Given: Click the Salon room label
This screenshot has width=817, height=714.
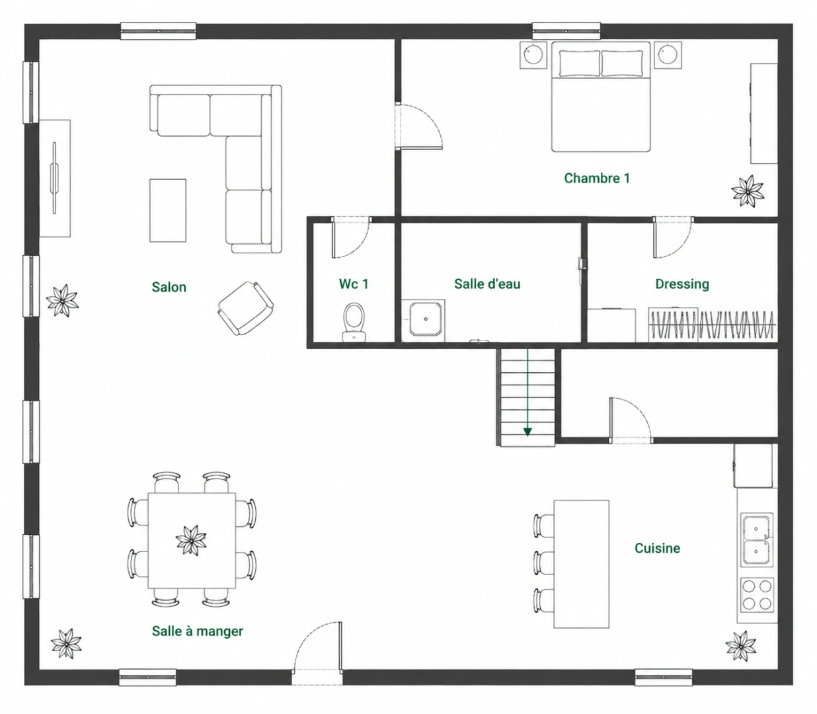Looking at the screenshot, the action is point(169,287).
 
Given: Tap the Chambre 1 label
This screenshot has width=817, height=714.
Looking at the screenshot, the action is point(597,178).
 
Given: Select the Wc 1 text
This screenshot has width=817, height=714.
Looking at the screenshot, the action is point(354,284).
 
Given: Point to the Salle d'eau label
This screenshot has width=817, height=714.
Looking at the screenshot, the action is point(487,284).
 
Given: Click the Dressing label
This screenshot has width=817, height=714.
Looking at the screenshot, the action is point(682,284).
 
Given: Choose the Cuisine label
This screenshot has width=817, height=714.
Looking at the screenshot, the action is point(657,548).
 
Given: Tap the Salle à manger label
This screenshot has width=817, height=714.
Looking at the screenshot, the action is point(197,631).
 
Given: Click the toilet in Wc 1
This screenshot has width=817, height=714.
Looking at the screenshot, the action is point(354,322).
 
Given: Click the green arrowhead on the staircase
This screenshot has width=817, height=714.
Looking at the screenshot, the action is point(527,432).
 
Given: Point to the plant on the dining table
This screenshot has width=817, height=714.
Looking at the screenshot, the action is point(191,540).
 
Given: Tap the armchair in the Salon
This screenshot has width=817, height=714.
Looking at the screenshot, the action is point(246,308).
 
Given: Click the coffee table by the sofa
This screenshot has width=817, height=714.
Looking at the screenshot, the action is point(168,210).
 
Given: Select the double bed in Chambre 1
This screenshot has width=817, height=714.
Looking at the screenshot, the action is point(601,97).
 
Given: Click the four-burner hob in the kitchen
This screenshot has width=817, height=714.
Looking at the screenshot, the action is point(757,594).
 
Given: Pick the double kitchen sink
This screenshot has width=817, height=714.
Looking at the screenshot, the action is point(757,540).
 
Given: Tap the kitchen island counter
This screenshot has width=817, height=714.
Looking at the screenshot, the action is point(581,564).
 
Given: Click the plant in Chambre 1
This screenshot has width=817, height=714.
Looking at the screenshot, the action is point(747,191).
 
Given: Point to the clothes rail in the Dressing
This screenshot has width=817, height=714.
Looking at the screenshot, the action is point(713,324).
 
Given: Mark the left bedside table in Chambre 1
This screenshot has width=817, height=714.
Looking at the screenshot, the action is point(533,55).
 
